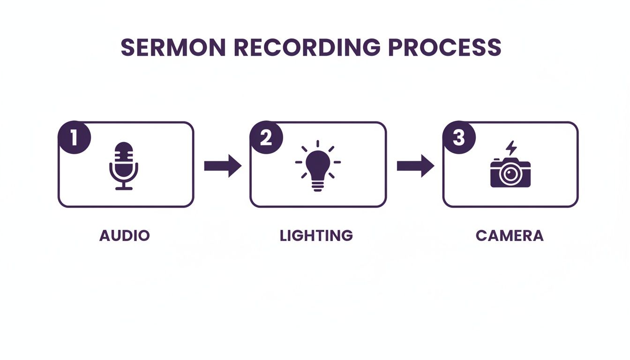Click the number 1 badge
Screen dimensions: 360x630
coord(74,138)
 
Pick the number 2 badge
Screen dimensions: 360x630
coord(266,138)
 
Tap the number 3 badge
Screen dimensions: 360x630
coord(458,138)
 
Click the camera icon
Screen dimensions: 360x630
coord(510,172)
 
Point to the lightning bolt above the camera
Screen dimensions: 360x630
coord(511,148)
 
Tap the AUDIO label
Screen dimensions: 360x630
coord(124,235)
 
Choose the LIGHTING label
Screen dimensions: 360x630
coord(316,235)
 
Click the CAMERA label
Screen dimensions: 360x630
coord(510,235)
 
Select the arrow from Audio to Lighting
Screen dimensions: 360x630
coord(222,165)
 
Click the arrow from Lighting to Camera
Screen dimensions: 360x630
coord(415,165)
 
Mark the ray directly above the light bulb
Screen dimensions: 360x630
coord(318,144)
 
